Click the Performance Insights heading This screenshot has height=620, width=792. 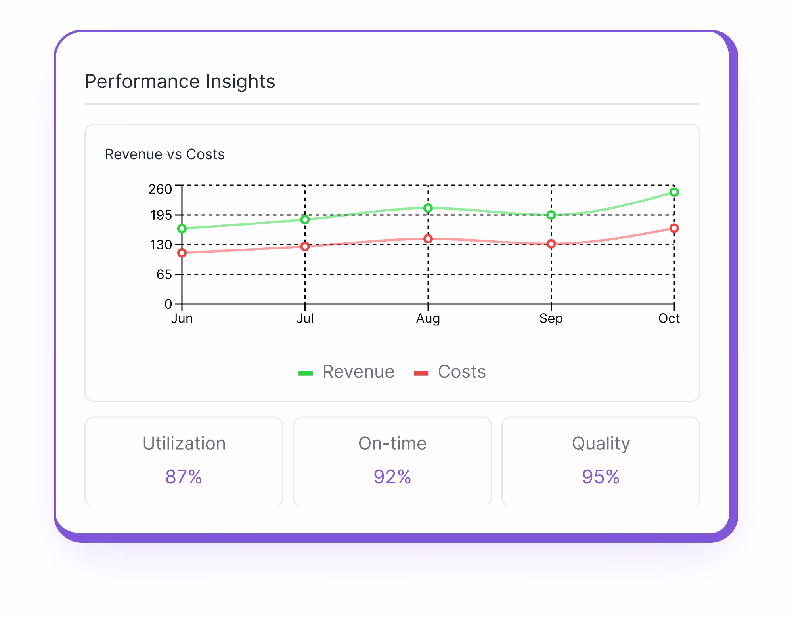(x=180, y=82)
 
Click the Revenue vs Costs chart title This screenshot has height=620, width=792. (x=165, y=154)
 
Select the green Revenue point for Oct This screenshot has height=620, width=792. (x=674, y=192)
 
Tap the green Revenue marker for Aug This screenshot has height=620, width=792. (x=428, y=208)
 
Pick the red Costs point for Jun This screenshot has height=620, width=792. (x=182, y=253)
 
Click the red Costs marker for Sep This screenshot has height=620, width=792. (x=551, y=244)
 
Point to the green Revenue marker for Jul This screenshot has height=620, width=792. (x=305, y=219)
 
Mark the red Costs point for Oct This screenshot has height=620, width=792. (x=674, y=228)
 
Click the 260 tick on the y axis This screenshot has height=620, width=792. (x=160, y=189)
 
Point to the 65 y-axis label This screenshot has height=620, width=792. (x=164, y=274)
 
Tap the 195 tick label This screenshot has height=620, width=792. (x=161, y=215)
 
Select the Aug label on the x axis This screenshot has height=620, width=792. (x=428, y=319)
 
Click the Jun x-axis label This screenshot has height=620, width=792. (x=182, y=319)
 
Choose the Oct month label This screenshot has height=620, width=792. (x=669, y=319)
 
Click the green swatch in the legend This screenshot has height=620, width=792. (x=306, y=373)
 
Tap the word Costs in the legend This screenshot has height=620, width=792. (x=461, y=372)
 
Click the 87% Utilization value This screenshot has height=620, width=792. (x=184, y=477)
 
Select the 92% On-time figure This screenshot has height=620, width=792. (x=392, y=477)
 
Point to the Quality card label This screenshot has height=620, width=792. (x=601, y=443)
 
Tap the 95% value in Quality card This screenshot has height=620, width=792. (x=601, y=477)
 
